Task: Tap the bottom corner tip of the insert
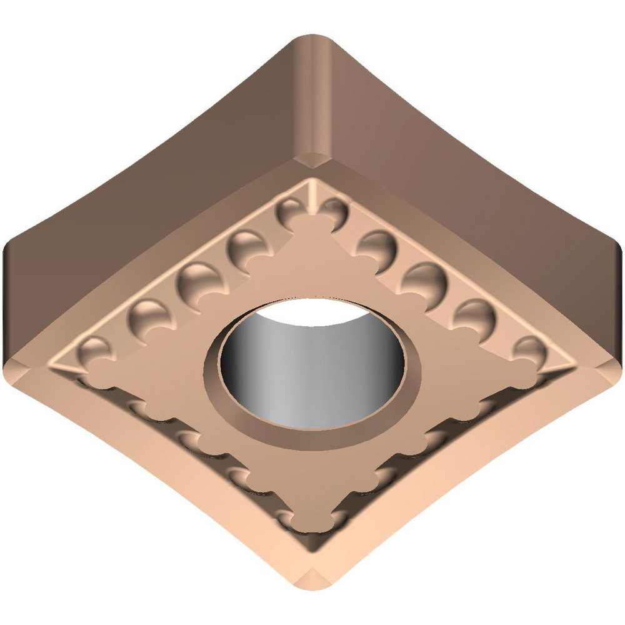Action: (312, 587)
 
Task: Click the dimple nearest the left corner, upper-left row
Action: (94, 350)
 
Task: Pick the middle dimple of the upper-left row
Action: (197, 278)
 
